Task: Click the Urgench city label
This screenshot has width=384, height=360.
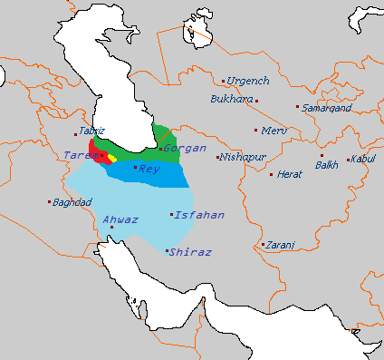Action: (x=247, y=81)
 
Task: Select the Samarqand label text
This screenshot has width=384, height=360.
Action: (x=327, y=108)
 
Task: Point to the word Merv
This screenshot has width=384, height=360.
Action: (x=274, y=131)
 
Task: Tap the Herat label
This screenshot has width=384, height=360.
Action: (x=290, y=174)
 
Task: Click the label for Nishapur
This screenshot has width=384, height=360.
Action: (x=242, y=157)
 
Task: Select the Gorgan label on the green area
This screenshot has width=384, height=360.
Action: (x=185, y=148)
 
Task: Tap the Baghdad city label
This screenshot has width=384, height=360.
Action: (x=73, y=201)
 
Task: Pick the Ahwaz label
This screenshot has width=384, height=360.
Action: (x=120, y=219)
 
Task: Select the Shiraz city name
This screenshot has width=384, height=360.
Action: (x=191, y=251)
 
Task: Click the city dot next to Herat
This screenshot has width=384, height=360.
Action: (x=271, y=174)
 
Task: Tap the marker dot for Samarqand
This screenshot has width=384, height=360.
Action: (x=297, y=107)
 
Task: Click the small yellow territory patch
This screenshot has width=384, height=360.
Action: (x=112, y=153)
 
